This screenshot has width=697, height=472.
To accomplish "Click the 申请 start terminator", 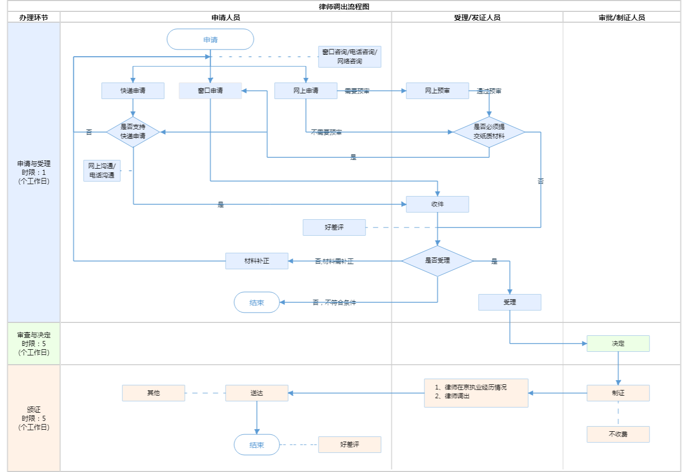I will (x=210, y=40).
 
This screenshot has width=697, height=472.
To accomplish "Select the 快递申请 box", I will (x=133, y=91).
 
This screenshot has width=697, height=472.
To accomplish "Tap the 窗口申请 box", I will (x=210, y=91).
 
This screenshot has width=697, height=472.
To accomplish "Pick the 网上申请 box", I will (x=306, y=91).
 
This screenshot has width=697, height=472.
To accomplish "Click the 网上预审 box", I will (x=437, y=91).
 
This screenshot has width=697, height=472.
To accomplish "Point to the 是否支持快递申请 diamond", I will (x=133, y=132).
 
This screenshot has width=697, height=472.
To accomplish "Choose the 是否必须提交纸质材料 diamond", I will (x=489, y=132).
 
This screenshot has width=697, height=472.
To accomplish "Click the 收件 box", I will (x=437, y=204).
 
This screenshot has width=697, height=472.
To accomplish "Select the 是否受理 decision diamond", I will (x=437, y=261).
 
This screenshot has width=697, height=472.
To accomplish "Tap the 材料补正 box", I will (x=257, y=261).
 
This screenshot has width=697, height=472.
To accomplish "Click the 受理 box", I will (x=510, y=302).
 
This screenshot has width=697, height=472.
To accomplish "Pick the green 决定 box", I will (x=618, y=344).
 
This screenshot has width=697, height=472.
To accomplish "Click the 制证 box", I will (x=618, y=393).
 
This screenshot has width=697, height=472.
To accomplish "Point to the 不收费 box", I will (x=618, y=434).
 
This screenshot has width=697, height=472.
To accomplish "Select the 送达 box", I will (x=257, y=393).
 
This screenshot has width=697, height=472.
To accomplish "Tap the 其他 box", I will (x=153, y=393).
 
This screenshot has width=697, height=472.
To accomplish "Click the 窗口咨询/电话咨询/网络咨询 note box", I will (x=350, y=57).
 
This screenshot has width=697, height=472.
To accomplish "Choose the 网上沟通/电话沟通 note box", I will (x=102, y=171).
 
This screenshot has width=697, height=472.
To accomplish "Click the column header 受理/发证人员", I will (x=477, y=18).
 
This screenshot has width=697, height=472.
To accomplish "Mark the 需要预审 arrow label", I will (x=357, y=91).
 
